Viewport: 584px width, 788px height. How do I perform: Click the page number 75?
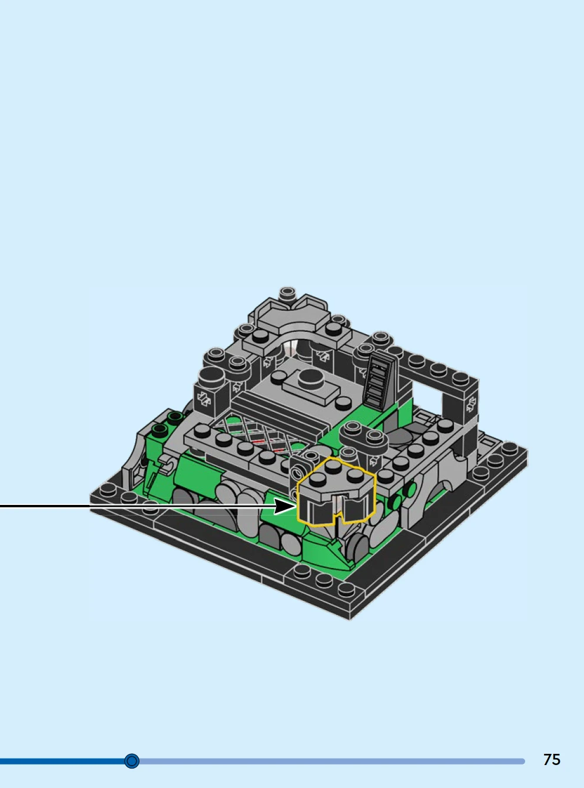pos(552,759)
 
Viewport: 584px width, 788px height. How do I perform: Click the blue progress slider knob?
pos(132,761)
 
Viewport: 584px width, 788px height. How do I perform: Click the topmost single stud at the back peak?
pos(287,294)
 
